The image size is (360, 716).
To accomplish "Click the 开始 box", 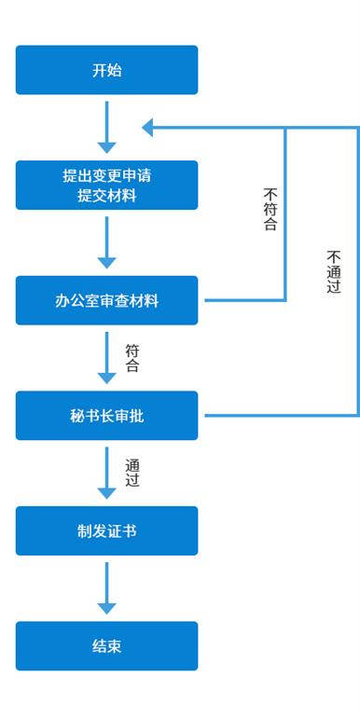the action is [107, 70].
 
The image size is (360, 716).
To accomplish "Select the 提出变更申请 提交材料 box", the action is [107, 185].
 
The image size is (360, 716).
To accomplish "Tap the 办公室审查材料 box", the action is [107, 300].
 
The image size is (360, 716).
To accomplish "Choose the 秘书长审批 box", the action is [107, 416].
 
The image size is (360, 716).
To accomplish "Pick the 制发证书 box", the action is [107, 530].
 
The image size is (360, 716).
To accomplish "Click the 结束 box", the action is [107, 646].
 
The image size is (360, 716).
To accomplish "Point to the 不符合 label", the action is [270, 210].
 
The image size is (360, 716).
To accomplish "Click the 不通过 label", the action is [334, 271].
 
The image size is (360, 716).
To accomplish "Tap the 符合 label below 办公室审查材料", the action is [132, 358].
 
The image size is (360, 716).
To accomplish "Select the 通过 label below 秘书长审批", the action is [132, 474].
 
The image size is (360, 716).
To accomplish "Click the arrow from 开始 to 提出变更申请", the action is [107, 128].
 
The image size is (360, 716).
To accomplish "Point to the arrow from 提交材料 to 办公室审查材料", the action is [107, 242].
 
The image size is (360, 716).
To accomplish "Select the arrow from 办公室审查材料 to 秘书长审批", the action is [107, 358].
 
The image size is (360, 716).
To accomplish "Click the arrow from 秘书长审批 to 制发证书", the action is [107, 473].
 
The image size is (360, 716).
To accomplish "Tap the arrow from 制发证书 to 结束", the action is [107, 588].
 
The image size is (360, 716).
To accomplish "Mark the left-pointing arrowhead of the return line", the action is [147, 128].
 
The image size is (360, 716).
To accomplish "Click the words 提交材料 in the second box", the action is [107, 197].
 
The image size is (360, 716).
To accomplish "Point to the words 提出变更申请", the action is [107, 176].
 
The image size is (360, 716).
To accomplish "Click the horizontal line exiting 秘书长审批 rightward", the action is [281, 416].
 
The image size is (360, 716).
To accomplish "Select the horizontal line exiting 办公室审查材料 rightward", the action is [245, 300].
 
